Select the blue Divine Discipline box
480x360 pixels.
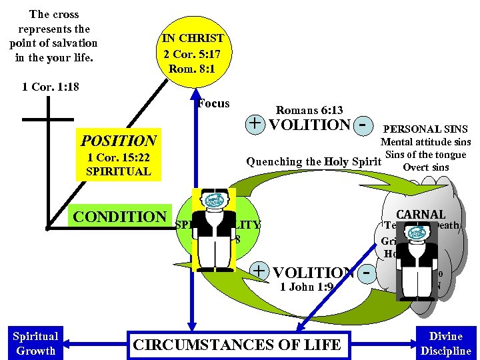445,343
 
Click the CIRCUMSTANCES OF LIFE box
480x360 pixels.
237,345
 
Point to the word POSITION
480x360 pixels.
118,141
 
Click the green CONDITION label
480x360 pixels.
119,217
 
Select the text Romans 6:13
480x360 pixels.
309,110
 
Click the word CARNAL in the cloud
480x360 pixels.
421,215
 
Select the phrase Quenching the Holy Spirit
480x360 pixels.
313,161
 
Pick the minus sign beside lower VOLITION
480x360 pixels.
365,273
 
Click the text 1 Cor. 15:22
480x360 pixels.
119,158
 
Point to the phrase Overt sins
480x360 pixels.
426,167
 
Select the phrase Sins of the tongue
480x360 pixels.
425,155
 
